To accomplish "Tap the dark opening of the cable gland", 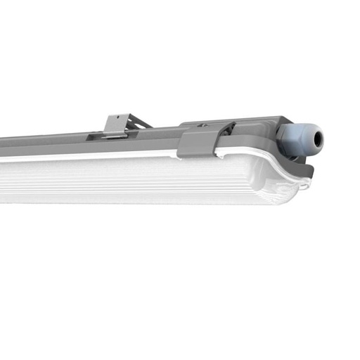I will pos(318,140).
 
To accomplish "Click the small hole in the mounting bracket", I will pos(117,122).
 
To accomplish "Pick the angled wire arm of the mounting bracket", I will pos(141,122).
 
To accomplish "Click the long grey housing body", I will pos(70,143).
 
